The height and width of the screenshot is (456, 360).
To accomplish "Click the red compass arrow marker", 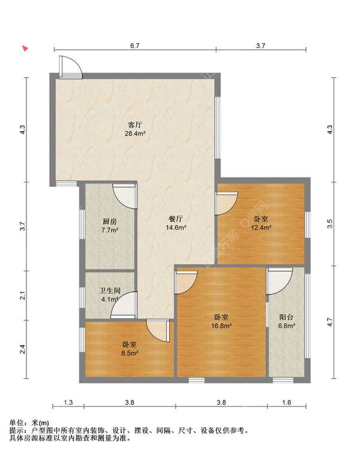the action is [26, 49].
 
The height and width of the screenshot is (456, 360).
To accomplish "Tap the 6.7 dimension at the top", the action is [135, 46].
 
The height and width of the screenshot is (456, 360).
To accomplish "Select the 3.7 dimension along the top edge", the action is [260, 46].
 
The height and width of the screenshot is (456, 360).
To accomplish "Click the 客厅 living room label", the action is [135, 125].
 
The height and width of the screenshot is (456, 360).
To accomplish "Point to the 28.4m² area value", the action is [135, 134].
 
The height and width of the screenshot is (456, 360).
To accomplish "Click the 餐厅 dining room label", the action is [176, 218].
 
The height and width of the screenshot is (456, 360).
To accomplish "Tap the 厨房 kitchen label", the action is [110, 221].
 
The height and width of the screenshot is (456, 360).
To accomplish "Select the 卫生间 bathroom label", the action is [110, 290].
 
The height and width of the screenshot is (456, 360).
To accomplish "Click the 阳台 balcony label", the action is [286, 317].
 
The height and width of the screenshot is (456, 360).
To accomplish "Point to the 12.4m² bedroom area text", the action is [261, 227].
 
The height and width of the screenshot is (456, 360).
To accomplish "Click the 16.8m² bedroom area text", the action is [221, 326].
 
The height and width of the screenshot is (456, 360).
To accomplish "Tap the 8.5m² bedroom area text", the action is [130, 353].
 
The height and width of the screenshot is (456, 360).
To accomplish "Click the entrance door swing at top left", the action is [71, 67].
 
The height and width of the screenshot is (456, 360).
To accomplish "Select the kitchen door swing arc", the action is [124, 197].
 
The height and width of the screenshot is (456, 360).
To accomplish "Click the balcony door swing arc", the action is [280, 282].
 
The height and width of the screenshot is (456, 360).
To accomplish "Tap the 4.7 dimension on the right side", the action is [329, 322].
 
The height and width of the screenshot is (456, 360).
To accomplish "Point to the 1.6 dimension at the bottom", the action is [286, 403].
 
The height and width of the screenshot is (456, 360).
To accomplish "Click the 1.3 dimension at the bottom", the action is [68, 403].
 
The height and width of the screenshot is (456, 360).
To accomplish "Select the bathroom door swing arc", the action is [123, 304].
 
